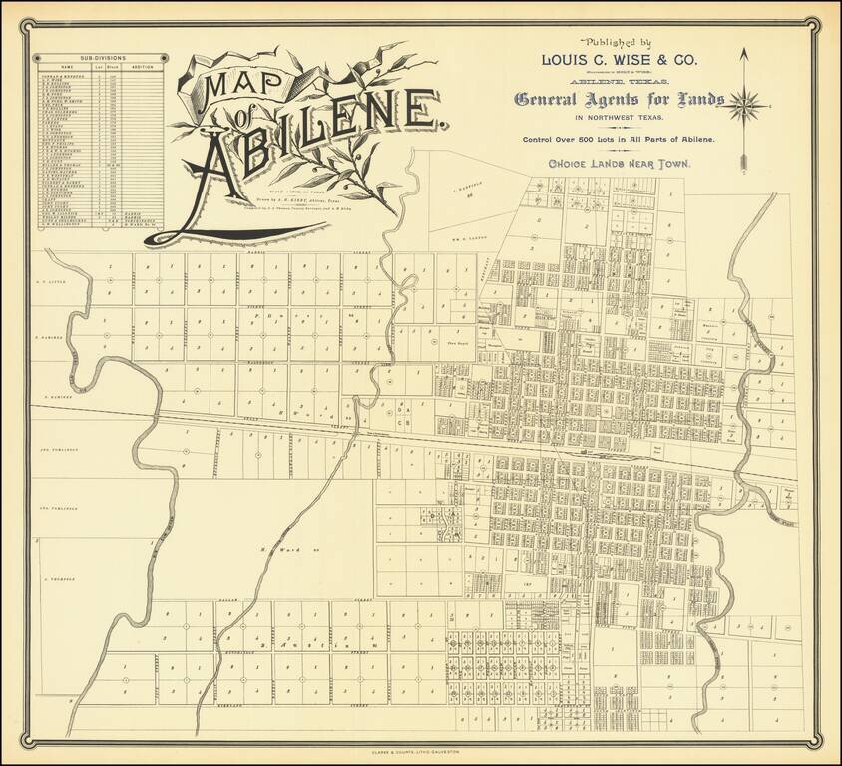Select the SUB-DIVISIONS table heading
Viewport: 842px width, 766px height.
(x=99, y=59)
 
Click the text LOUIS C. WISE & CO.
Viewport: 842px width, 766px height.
(x=619, y=60)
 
